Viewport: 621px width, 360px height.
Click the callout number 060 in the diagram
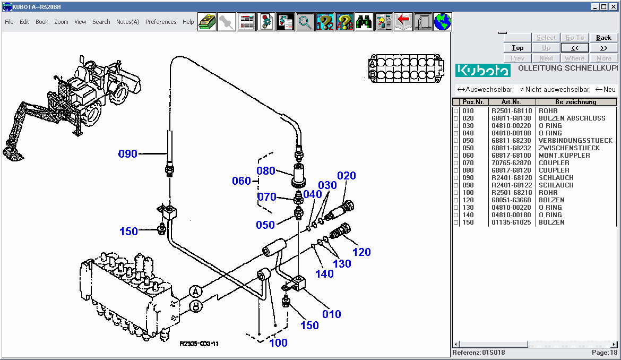pyautogui.click(x=241, y=181)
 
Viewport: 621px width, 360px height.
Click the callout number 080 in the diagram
pyautogui.click(x=266, y=171)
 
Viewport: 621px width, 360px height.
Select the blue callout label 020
pyautogui.click(x=346, y=176)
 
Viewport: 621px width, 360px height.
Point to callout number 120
pyautogui.click(x=361, y=252)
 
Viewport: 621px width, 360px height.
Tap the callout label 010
pyautogui.click(x=332, y=314)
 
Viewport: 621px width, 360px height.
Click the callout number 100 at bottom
pyautogui.click(x=278, y=343)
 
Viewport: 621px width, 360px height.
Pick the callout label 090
pyautogui.click(x=127, y=154)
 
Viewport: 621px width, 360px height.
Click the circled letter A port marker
pyautogui.click(x=196, y=292)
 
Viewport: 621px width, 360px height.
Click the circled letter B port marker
pyautogui.click(x=196, y=306)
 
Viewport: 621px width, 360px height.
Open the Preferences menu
pyautogui.click(x=161, y=22)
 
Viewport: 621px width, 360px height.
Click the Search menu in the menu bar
pyautogui.click(x=101, y=22)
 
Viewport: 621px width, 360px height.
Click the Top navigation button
pyautogui.click(x=517, y=48)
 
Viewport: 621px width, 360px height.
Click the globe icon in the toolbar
pyautogui.click(x=442, y=22)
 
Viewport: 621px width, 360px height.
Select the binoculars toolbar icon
pyautogui.click(x=364, y=22)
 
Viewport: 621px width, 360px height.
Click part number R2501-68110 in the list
pyautogui.click(x=512, y=111)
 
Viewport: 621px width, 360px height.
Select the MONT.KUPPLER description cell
pyautogui.click(x=564, y=156)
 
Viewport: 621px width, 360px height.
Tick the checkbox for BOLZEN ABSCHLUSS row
pyautogui.click(x=456, y=118)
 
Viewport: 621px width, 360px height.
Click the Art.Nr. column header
pyautogui.click(x=512, y=102)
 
